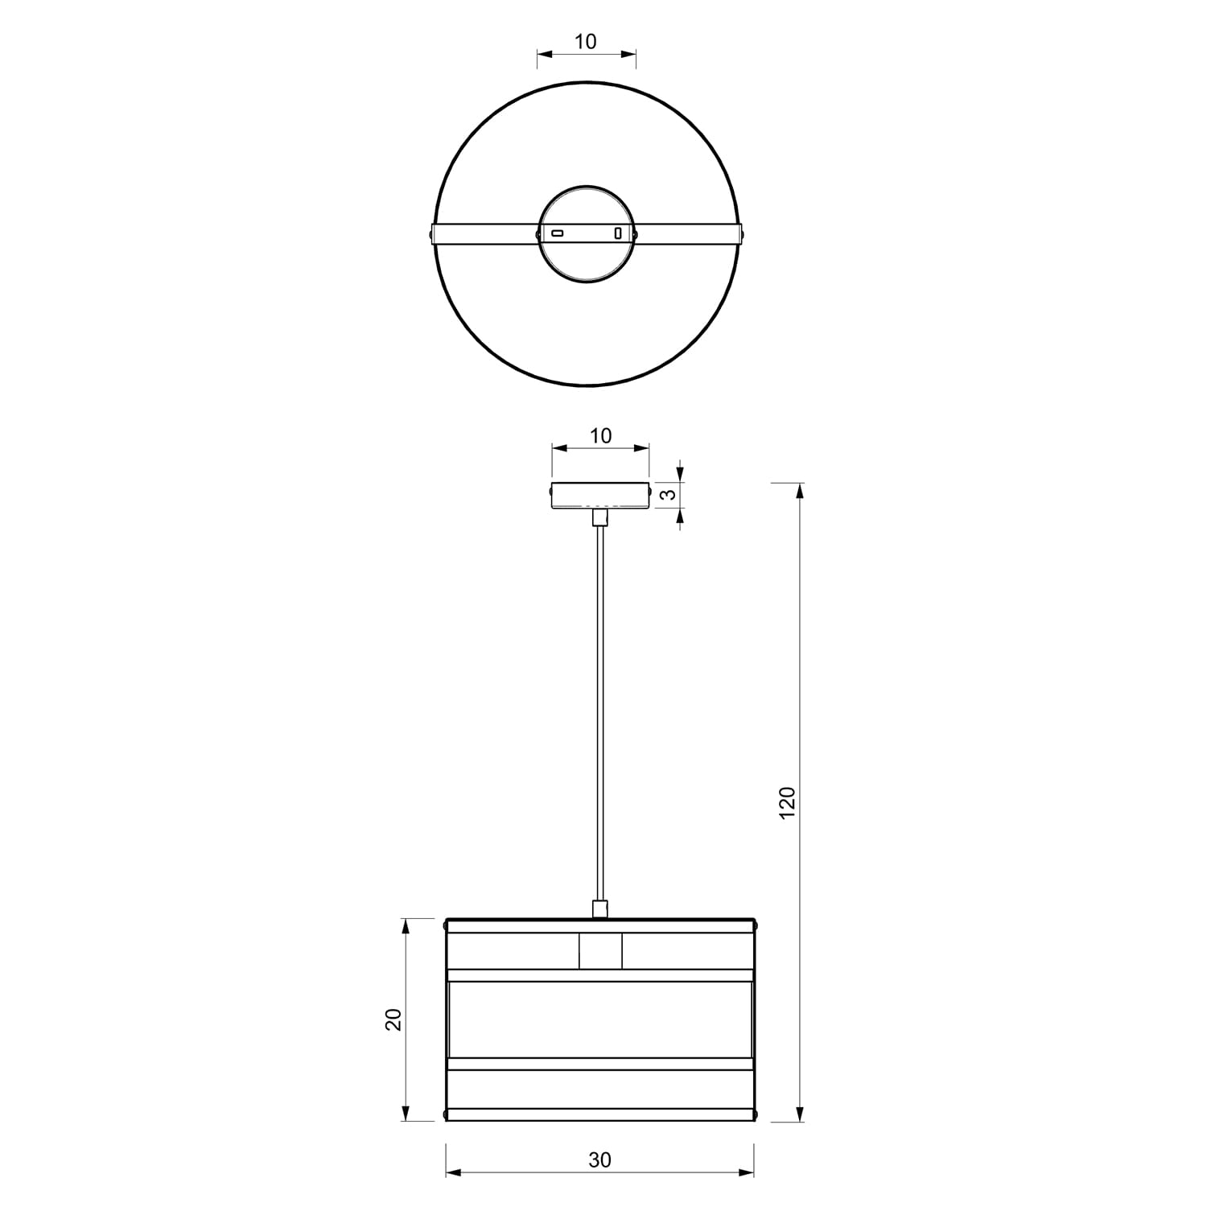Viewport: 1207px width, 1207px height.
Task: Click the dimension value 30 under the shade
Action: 599,1160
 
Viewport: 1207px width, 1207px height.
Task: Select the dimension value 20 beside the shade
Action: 393,1020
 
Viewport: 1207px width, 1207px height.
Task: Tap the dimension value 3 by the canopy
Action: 667,495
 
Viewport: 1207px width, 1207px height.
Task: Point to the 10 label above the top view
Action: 586,41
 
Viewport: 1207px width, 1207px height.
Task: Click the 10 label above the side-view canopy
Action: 600,435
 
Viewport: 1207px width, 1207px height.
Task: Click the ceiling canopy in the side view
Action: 599,495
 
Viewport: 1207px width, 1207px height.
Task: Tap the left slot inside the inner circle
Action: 557,233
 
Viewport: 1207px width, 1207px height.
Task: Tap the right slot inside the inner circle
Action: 618,233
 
